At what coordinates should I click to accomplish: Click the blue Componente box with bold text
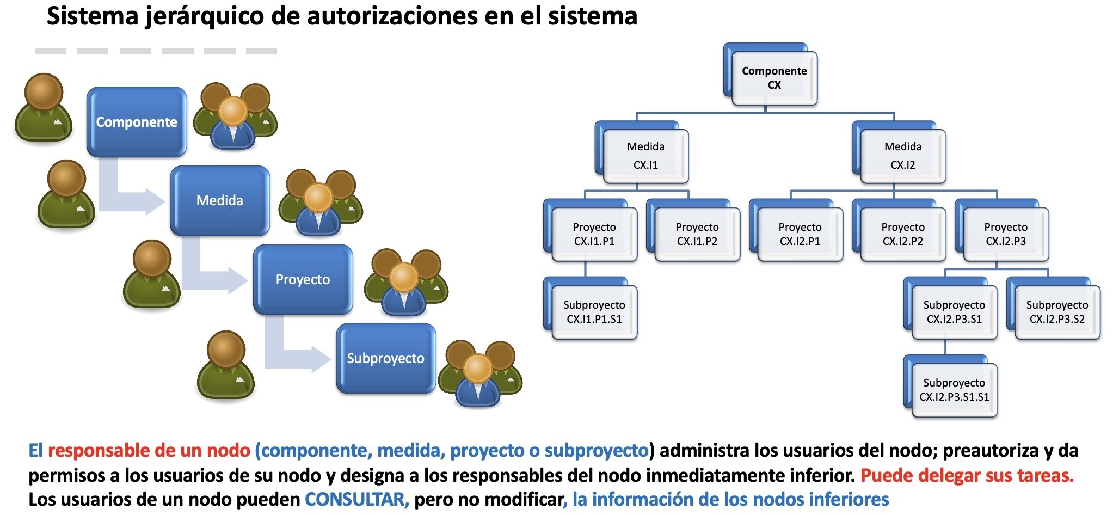136,121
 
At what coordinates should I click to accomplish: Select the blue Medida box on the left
219,200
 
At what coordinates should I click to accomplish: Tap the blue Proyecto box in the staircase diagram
303,279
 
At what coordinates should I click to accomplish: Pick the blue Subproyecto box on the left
385,358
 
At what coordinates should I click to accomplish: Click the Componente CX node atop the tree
774,78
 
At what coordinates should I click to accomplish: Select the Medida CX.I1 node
645,156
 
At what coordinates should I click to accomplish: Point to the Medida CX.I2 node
903,156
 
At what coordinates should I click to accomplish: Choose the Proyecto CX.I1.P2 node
697,234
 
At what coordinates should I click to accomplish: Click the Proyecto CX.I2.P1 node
800,234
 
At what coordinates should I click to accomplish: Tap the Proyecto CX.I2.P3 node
1006,234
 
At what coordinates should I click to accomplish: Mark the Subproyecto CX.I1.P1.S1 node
594,312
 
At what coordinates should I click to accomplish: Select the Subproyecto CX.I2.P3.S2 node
1057,312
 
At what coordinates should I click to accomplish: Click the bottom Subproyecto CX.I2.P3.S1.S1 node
954,390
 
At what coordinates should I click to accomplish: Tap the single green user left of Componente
44,109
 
